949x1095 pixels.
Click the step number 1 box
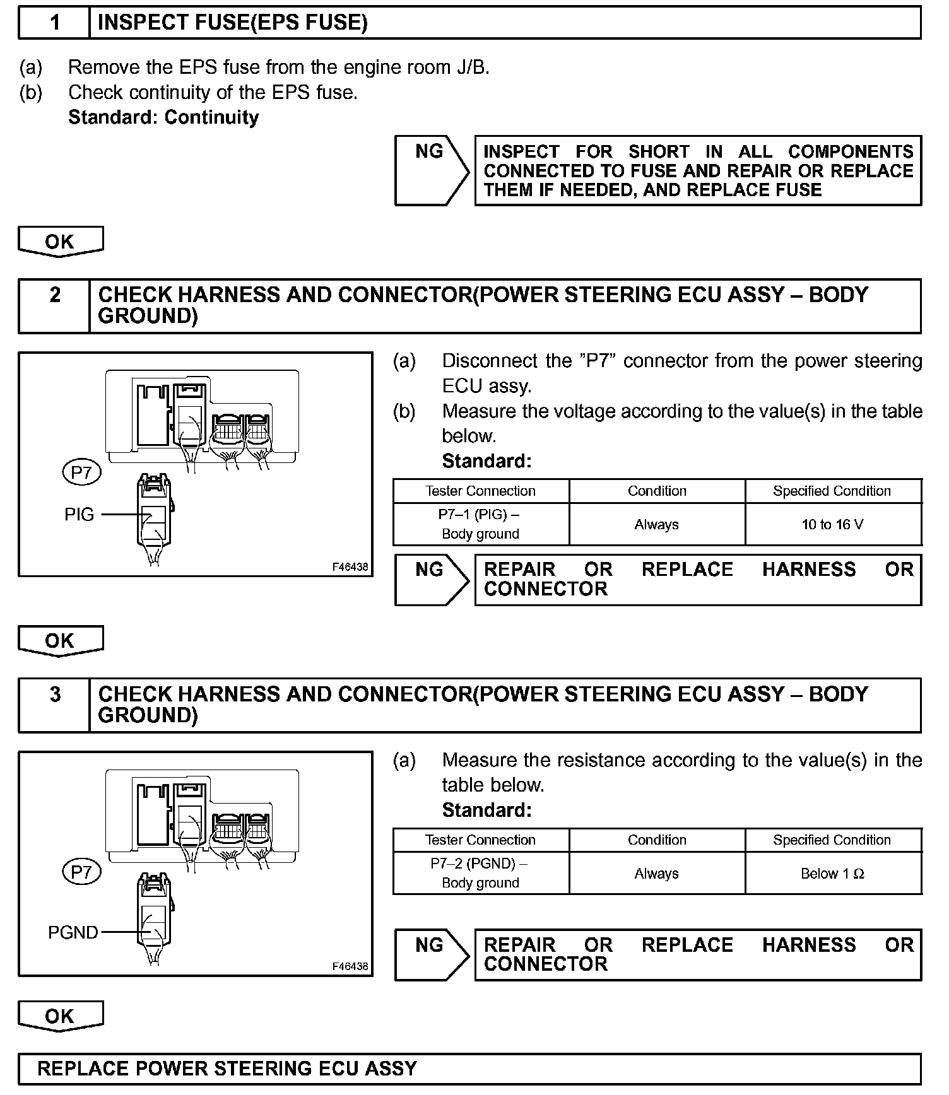click(55, 23)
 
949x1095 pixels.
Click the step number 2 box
click(55, 306)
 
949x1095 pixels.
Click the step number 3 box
click(55, 705)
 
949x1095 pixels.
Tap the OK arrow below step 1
click(60, 242)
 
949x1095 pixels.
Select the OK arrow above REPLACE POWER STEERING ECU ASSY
click(60, 1016)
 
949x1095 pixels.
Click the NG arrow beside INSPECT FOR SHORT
click(431, 170)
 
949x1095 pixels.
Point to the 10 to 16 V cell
click(832, 524)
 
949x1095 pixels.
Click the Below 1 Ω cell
click(832, 874)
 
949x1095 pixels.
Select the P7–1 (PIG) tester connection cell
click(480, 524)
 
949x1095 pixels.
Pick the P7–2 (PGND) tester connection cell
click(480, 874)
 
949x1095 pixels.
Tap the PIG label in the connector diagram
click(80, 515)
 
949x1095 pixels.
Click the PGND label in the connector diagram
click(73, 932)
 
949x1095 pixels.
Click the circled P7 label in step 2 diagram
click(82, 472)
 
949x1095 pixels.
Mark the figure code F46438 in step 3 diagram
click(350, 966)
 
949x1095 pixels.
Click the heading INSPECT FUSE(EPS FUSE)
click(232, 23)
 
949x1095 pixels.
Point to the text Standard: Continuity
click(163, 118)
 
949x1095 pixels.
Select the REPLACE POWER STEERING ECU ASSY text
click(227, 1069)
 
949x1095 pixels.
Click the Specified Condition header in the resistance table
click(832, 840)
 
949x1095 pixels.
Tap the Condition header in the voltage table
click(657, 491)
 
